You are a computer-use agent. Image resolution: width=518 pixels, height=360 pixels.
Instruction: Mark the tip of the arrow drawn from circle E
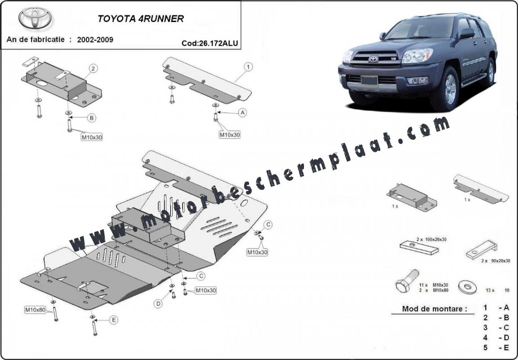(94, 320)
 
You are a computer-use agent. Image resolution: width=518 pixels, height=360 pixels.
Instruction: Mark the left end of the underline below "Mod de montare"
(392, 314)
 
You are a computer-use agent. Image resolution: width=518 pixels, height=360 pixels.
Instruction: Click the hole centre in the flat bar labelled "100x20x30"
(413, 245)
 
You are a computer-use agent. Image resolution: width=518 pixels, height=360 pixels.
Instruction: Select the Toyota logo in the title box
(35, 18)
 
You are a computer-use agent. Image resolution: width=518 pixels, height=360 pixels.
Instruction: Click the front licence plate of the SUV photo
(369, 80)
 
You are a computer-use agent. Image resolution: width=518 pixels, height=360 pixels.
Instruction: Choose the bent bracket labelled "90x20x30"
(481, 249)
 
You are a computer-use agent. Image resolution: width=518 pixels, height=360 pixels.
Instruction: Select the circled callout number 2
(94, 69)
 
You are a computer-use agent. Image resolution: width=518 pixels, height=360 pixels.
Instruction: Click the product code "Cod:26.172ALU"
(210, 43)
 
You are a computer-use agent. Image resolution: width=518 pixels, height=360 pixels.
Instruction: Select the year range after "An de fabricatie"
(95, 40)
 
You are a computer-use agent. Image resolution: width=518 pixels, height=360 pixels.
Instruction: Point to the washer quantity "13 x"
(490, 290)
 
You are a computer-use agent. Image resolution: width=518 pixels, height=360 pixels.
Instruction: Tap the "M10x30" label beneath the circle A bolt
(230, 135)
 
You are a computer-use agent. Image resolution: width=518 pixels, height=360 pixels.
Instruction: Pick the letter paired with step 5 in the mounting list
(506, 347)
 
